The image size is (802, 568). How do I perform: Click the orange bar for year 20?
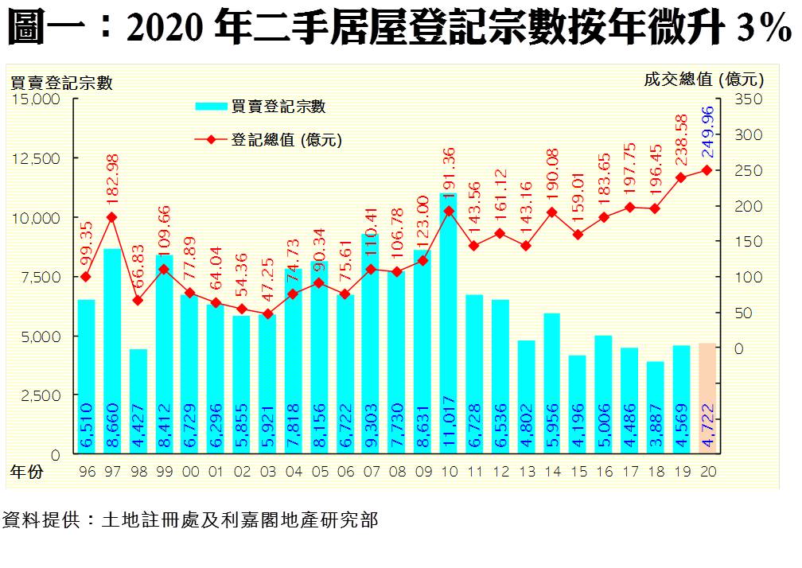pos(706,398)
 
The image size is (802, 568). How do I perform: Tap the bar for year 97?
pos(112,350)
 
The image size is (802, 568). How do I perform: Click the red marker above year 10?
pos(450,211)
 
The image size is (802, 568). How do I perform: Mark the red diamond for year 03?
pos(268,313)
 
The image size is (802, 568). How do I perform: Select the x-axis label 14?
pos(552,471)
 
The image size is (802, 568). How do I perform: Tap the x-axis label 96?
pos(87,471)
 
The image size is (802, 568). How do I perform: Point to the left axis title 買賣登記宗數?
pos(60,82)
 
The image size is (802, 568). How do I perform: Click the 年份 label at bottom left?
pos(26,471)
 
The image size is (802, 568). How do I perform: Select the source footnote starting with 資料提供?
pos(190,521)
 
